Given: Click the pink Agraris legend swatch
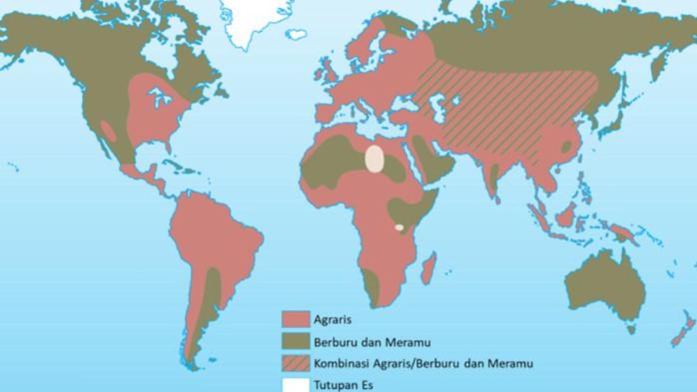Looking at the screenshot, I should [295, 319].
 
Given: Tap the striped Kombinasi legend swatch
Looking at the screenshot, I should [295, 364].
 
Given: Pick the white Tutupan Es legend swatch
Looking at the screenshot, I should [295, 384].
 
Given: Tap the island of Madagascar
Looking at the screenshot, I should [428, 268].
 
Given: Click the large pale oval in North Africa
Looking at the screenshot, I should [375, 159].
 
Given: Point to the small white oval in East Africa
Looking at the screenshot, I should [399, 227].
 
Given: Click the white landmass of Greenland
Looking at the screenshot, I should [256, 20].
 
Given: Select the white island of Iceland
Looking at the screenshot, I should [296, 34].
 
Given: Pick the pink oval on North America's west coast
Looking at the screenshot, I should [109, 131].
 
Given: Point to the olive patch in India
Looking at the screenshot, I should [494, 177].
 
